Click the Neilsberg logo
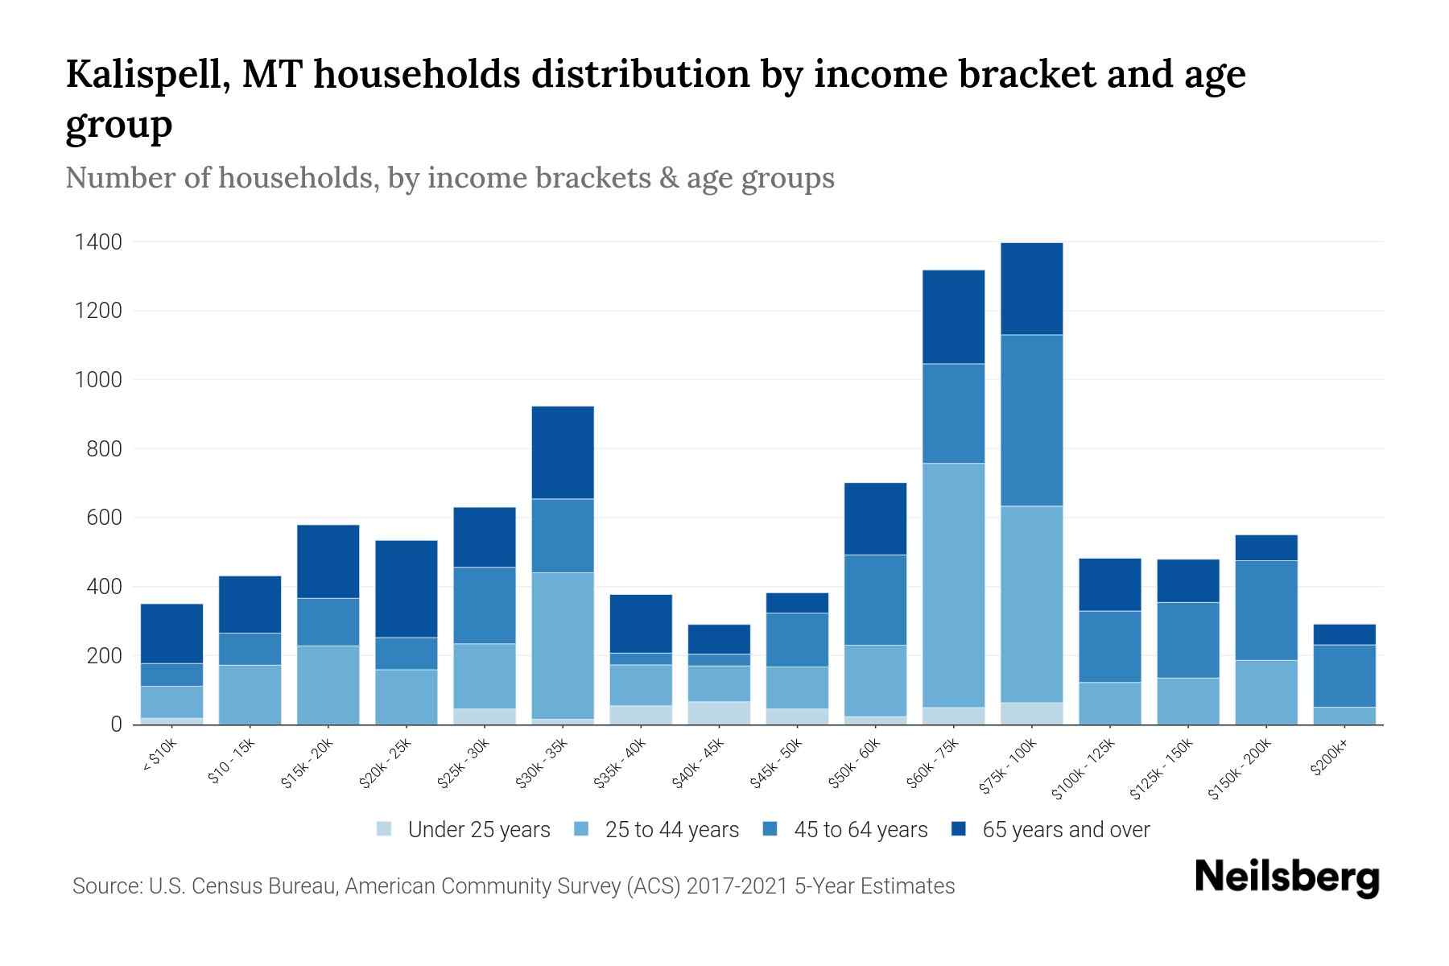1286,877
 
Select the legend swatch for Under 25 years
385,829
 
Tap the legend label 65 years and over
1066,829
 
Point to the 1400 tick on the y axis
98,242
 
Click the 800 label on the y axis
105,448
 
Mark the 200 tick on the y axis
105,655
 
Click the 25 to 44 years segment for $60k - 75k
953,585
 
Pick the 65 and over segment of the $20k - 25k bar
407,588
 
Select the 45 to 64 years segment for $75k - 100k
1031,420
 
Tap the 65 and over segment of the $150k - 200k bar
1266,547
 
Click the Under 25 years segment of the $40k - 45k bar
719,712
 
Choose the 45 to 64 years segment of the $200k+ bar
1344,675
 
